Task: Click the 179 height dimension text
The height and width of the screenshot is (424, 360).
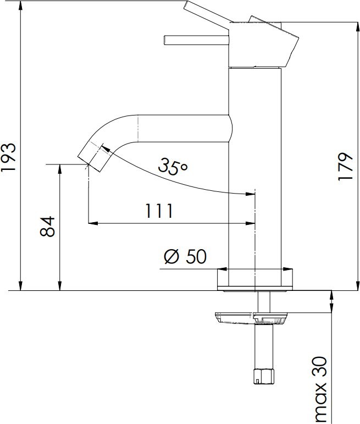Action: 345,167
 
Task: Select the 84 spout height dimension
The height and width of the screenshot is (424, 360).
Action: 48,226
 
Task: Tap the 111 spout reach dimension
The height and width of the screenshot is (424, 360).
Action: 159,211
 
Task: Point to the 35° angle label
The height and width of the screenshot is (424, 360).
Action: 173,166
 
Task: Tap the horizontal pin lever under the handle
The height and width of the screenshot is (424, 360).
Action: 196,40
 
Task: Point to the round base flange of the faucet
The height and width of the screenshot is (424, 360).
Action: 255,279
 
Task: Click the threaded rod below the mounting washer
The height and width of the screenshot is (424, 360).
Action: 263,346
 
